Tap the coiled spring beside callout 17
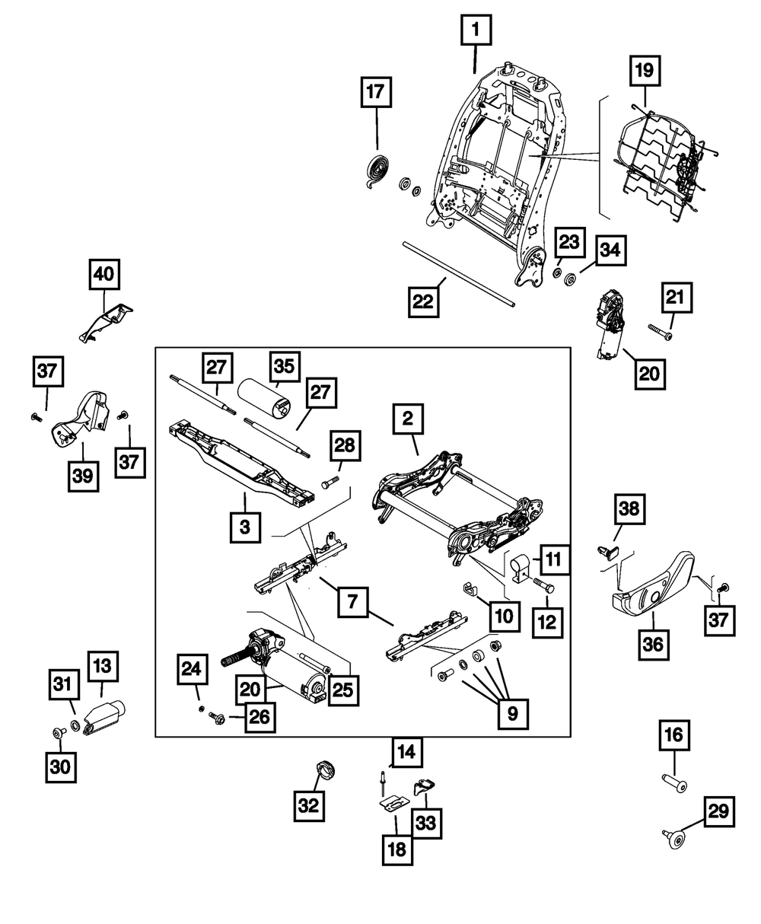[x=377, y=167]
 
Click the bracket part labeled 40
[x=107, y=321]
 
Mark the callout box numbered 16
[x=675, y=737]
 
